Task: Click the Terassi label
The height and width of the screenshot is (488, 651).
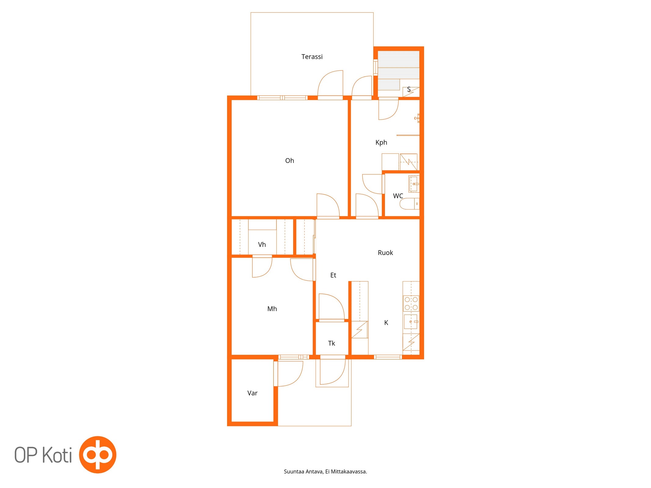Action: [x=312, y=57]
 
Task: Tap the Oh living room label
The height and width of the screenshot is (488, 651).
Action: [x=289, y=161]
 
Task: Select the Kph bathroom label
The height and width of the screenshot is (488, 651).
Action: [x=381, y=143]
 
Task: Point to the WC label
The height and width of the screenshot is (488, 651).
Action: [x=398, y=196]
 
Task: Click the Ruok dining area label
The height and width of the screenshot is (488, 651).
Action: [x=385, y=253]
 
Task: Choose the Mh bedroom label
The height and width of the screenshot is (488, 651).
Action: [x=272, y=309]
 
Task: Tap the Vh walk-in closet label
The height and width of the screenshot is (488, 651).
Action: [x=262, y=245]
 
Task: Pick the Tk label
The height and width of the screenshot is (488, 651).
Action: [x=331, y=343]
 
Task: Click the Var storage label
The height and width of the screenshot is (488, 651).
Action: [x=252, y=393]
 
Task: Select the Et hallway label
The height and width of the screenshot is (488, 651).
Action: [x=333, y=275]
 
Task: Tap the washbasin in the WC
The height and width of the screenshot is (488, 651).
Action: [x=414, y=184]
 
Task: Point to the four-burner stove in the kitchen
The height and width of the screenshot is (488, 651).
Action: [x=411, y=303]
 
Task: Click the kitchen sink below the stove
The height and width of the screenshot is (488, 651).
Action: [x=411, y=322]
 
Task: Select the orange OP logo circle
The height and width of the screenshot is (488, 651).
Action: [x=98, y=455]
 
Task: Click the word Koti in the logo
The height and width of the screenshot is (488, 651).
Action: [x=57, y=455]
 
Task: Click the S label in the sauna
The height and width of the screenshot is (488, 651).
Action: [x=409, y=89]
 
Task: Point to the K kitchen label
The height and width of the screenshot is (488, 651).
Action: [x=386, y=323]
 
